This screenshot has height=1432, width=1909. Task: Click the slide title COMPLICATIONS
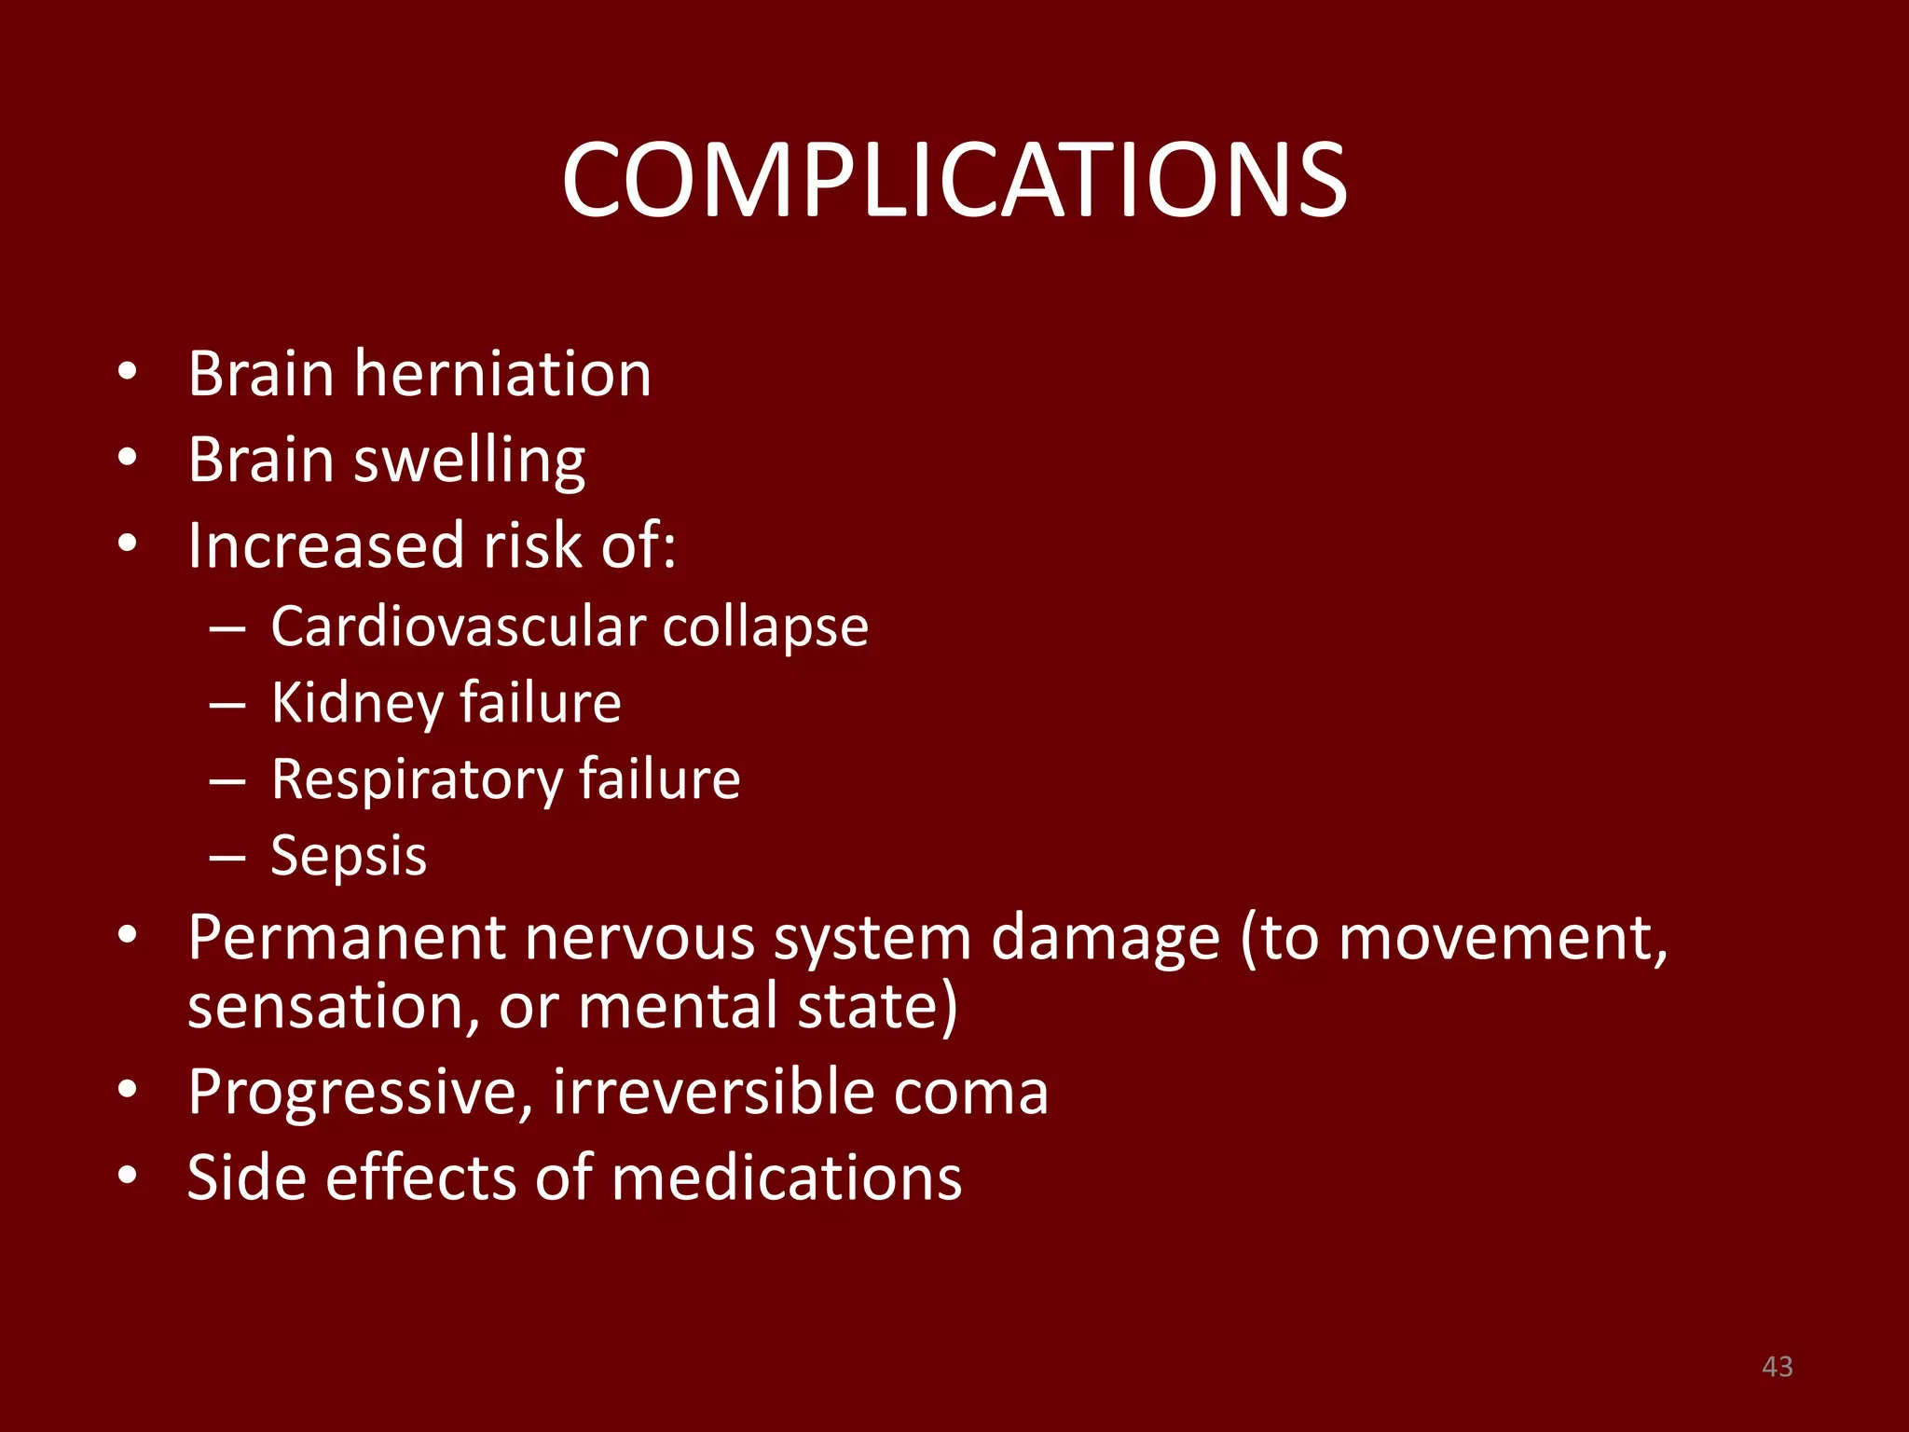(954, 180)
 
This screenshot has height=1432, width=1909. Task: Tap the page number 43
(1777, 1367)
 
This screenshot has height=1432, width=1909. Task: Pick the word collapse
(765, 627)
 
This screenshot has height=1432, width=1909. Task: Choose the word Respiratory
(415, 780)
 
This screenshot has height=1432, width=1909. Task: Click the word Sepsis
(349, 856)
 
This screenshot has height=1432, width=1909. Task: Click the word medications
(787, 1177)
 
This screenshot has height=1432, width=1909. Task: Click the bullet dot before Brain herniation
(128, 374)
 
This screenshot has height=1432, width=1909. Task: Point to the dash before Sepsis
(227, 857)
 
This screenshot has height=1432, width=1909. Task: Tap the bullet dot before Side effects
(128, 1177)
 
